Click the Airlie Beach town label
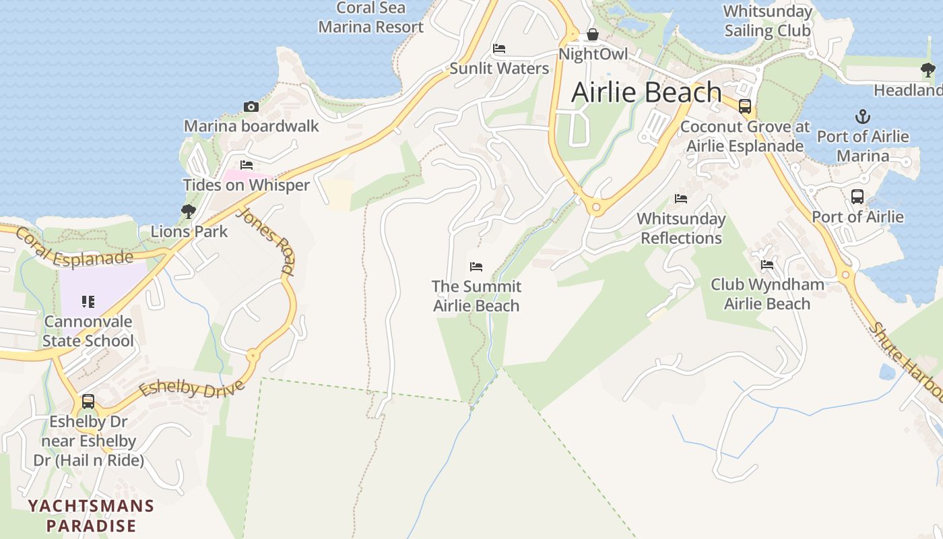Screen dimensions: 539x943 click(647, 92)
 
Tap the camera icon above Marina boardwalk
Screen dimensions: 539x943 click(251, 106)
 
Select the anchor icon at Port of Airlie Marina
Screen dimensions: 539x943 click(862, 117)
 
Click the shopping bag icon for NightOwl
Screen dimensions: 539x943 click(593, 34)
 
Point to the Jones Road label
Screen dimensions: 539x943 click(267, 241)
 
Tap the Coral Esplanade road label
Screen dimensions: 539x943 click(73, 248)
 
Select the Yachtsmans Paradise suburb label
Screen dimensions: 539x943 click(91, 515)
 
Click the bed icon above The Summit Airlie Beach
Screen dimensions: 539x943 click(476, 266)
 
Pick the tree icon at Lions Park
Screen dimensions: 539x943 click(189, 212)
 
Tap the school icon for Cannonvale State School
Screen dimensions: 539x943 click(88, 301)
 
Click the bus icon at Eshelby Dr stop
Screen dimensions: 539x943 click(88, 402)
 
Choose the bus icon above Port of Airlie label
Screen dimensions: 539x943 click(857, 197)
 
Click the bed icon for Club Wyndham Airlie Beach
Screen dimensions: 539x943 click(767, 265)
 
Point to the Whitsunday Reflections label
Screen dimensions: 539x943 click(681, 228)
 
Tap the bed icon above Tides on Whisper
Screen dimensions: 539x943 click(247, 165)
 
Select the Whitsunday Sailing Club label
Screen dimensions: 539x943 click(767, 21)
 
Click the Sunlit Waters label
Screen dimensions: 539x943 click(499, 68)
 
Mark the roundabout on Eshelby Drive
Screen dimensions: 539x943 click(253, 355)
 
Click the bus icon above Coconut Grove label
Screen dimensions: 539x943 click(745, 106)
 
